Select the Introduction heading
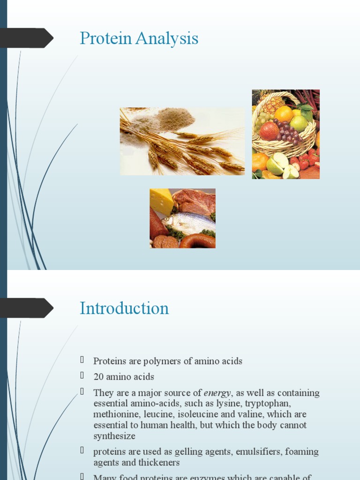point(124,308)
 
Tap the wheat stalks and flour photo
point(182,141)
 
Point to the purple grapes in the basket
point(287,132)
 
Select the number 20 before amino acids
point(98,377)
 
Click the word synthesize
point(114,436)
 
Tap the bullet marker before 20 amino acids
point(82,376)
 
